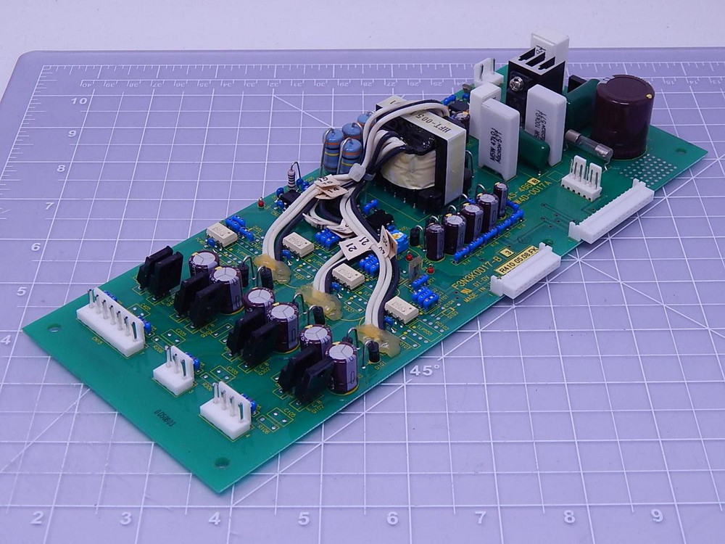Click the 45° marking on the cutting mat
click(425, 371)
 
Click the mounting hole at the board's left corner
click(54, 329)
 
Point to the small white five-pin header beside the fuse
click(581, 178)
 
